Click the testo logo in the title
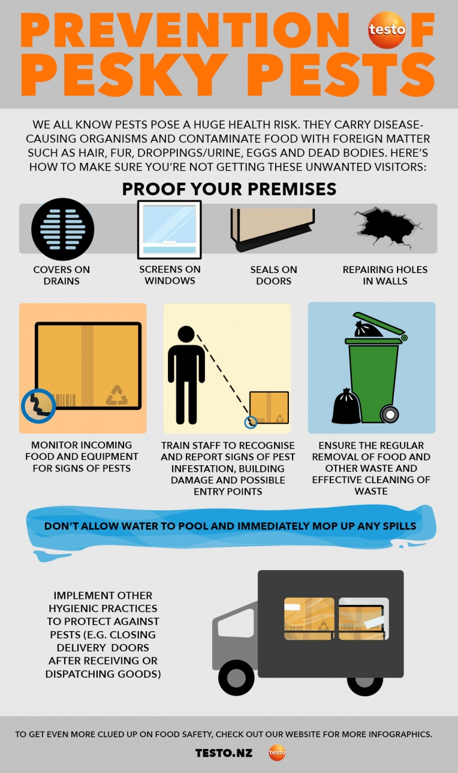[387, 30]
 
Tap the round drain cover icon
[62, 229]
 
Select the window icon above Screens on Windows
[169, 229]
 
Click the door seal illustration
[273, 229]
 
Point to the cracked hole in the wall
[387, 227]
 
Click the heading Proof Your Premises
[229, 189]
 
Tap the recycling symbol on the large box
[117, 395]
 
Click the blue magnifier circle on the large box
[38, 406]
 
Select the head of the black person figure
[186, 334]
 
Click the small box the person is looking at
[269, 408]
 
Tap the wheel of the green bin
[390, 414]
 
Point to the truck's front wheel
[236, 677]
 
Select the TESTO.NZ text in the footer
[224, 753]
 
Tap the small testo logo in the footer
[277, 753]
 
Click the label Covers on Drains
[62, 275]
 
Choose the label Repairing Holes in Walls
[385, 275]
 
